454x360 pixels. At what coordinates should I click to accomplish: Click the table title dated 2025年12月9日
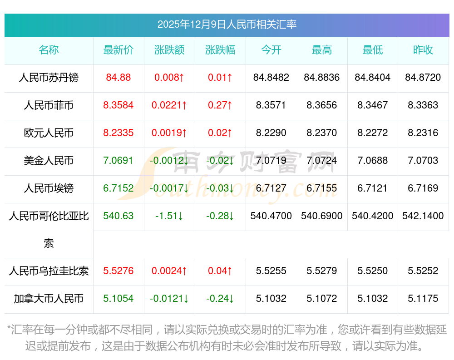pos(227,25)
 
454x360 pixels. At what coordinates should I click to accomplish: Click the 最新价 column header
pos(118,50)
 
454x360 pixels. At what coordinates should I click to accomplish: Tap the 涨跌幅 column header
pos(220,50)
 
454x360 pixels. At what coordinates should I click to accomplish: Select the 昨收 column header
pos(423,50)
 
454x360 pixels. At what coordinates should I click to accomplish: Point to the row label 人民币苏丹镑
pos(49,78)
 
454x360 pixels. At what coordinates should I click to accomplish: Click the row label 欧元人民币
pos(49,133)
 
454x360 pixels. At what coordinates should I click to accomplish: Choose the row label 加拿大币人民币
pos(49,299)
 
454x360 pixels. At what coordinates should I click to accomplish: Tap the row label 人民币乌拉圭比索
pos(49,271)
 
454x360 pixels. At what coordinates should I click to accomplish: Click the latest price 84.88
pos(118,78)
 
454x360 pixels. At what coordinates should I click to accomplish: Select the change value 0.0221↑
pos(169,105)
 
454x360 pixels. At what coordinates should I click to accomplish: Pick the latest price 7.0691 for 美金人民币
pos(118,161)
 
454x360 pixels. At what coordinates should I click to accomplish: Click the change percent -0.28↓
pos(220,216)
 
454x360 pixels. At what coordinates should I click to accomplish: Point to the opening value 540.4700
pos(271,216)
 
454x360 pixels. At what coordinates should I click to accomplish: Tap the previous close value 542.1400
pos(423,216)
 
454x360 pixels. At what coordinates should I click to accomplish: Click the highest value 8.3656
pos(322,105)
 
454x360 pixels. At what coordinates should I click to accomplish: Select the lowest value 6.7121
pos(373,188)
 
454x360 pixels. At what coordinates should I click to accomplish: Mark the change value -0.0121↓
pos(169,299)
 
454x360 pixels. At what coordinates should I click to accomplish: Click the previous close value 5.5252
pos(423,271)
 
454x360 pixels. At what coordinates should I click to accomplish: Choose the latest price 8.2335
pos(118,133)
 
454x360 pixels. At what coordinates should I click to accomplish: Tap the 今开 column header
pos(271,50)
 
